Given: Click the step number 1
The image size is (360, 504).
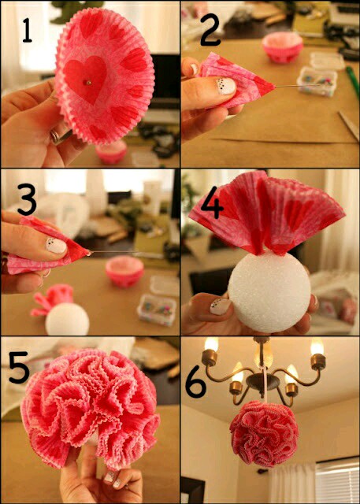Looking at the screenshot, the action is (27, 30).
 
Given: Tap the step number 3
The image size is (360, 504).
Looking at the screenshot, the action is (27, 199).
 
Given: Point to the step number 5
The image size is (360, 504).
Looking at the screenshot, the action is (19, 368).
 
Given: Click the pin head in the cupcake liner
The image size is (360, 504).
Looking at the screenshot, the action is (89, 82).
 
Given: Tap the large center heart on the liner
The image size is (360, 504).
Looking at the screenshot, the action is (85, 79).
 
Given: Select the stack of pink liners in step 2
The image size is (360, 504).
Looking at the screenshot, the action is (283, 46).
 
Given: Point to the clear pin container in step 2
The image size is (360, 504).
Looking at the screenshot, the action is (317, 82).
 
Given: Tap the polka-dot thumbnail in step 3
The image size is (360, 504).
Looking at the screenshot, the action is (56, 246).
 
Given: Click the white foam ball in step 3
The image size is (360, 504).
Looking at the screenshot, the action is (67, 319).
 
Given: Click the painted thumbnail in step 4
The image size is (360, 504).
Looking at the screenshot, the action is (221, 306).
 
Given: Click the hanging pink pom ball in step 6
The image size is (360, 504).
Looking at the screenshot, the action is (264, 434).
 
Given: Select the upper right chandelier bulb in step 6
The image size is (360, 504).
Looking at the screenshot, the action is (317, 346).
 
